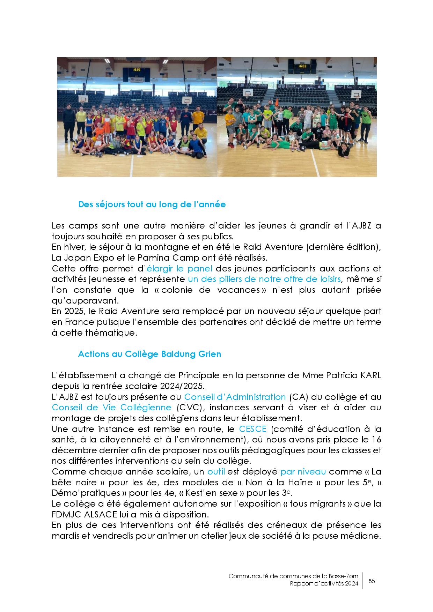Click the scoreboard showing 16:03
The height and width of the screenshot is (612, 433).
click(x=302, y=66)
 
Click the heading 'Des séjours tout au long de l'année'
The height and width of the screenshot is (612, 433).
click(x=152, y=204)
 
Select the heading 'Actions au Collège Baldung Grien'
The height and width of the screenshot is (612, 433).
click(x=149, y=354)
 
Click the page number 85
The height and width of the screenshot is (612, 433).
click(x=372, y=581)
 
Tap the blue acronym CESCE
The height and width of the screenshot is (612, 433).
click(x=253, y=429)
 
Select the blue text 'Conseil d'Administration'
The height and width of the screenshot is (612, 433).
click(x=235, y=397)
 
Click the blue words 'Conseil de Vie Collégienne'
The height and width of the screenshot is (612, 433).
click(x=111, y=407)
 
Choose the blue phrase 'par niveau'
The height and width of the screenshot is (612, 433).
click(x=303, y=472)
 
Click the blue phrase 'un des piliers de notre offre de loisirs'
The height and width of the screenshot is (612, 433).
click(x=264, y=279)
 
